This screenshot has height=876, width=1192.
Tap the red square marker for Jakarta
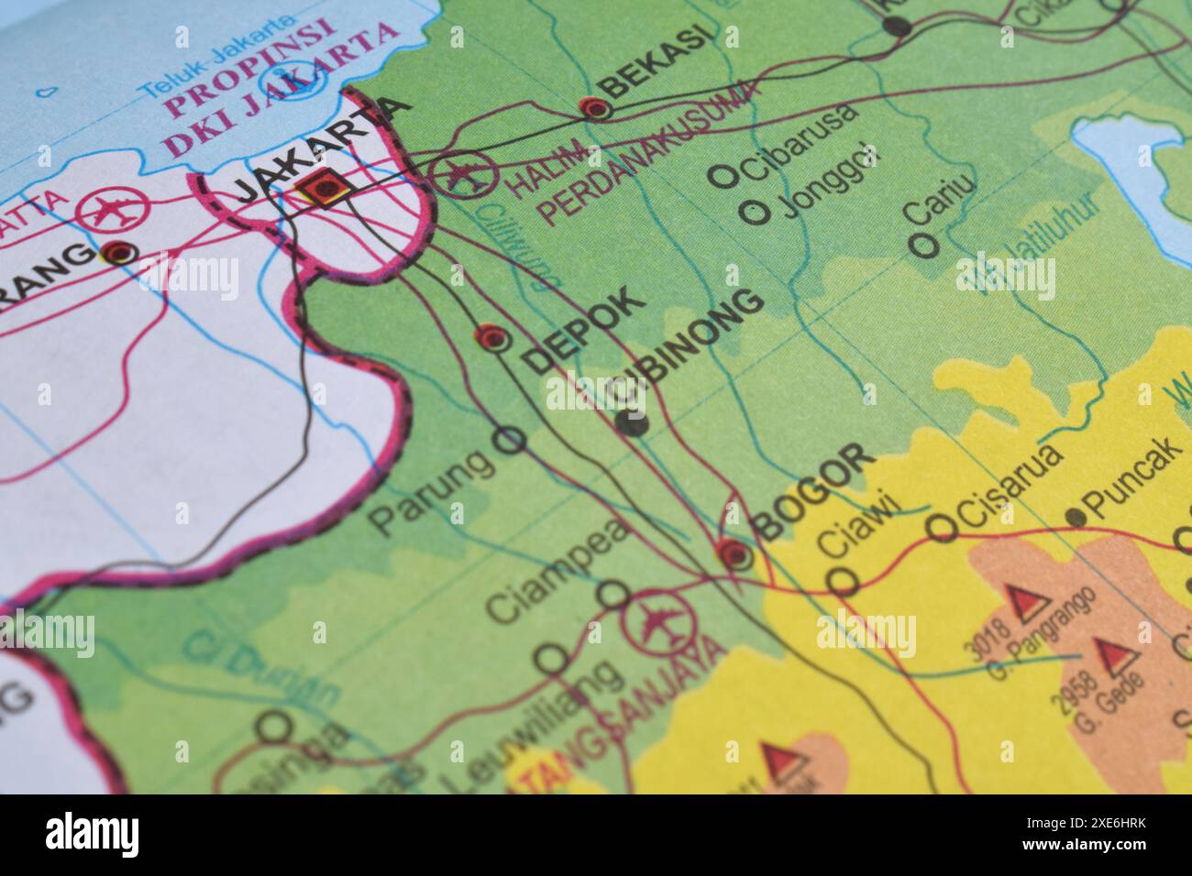point(320,189)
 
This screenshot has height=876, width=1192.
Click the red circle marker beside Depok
point(493,339)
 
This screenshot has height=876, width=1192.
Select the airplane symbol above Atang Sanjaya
point(655,622)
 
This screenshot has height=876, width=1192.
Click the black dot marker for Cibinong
point(631,422)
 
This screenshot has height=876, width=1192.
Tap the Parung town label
point(429,495)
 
